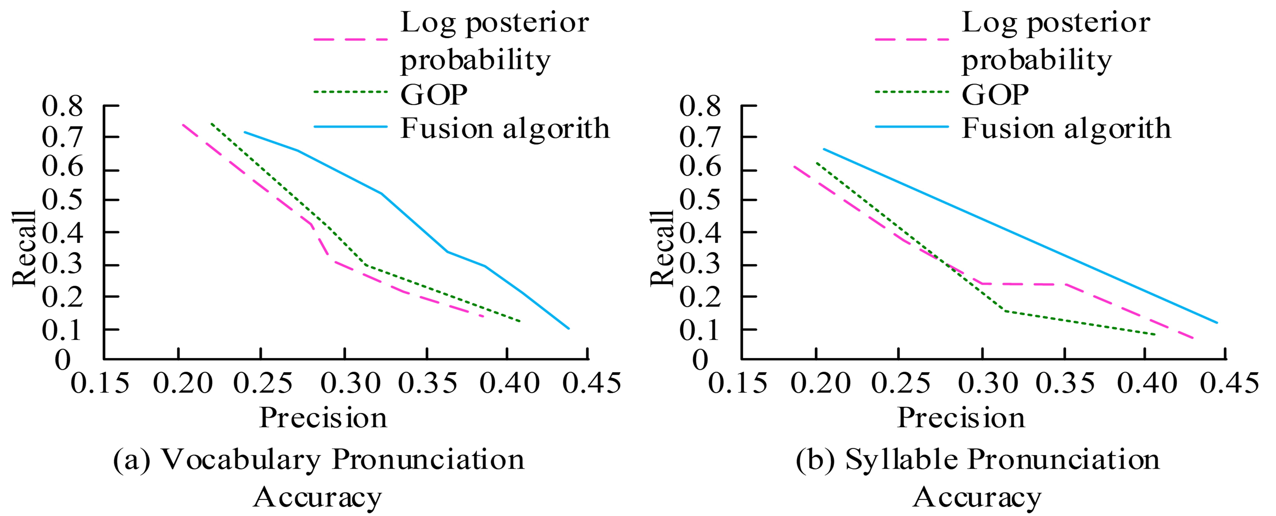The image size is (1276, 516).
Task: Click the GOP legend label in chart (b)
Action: (995, 94)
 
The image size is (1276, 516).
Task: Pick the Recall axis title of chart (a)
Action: (25, 248)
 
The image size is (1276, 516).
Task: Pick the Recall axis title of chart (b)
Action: (662, 248)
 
